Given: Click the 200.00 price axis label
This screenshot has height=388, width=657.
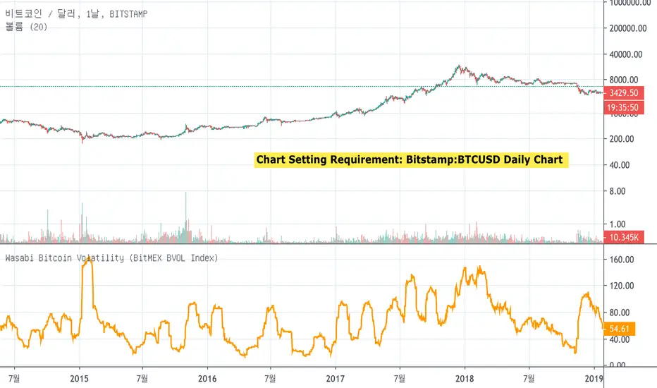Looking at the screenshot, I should (x=625, y=139).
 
